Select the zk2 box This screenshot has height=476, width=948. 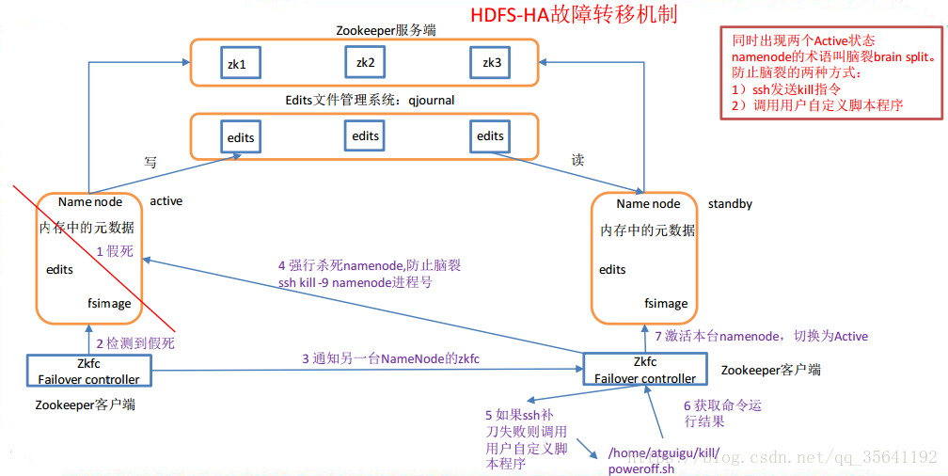365,62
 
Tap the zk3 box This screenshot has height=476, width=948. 491,62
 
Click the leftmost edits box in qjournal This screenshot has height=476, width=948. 240,137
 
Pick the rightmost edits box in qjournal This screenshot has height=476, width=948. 490,136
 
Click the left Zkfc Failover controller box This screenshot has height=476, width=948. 89,372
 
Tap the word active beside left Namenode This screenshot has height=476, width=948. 166,201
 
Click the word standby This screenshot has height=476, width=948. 730,203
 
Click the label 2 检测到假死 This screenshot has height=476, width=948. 135,343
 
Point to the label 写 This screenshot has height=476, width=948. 150,161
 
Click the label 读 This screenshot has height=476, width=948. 577,160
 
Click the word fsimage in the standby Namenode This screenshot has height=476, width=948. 665,304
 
